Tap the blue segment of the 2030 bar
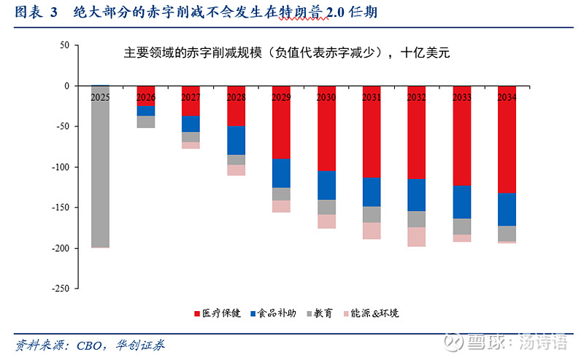click(326, 185)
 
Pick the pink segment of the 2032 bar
click(416, 237)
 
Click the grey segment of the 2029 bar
click(281, 194)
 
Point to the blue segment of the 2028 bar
click(236, 140)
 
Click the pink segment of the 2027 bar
click(191, 145)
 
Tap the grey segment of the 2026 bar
click(146, 121)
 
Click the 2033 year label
click(461, 96)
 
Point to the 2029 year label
click(281, 96)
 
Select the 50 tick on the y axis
click(64, 45)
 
